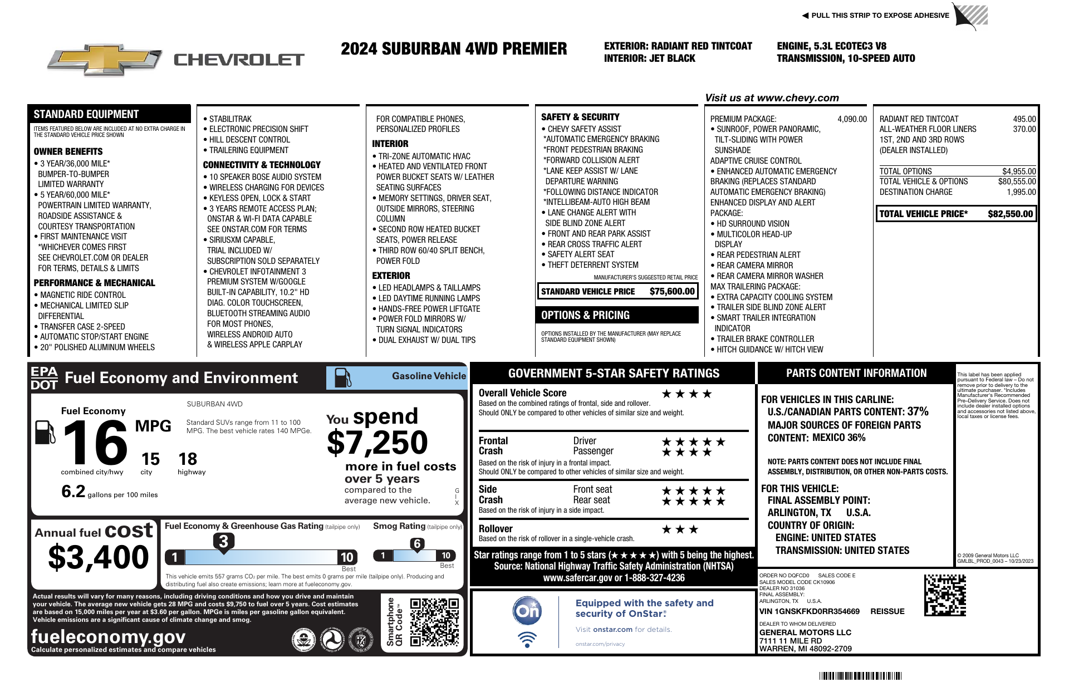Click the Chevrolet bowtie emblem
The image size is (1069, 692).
104,60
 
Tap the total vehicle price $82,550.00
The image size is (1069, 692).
1010,214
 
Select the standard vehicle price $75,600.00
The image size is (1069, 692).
672,291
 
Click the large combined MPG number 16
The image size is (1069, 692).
95,443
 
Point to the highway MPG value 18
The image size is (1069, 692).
188,459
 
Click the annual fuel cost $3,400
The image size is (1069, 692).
99,557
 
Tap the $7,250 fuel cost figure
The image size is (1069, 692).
377,443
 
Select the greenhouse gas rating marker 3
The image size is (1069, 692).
223,541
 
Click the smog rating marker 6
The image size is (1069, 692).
417,544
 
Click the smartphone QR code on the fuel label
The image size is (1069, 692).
434,622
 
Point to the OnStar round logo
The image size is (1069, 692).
527,611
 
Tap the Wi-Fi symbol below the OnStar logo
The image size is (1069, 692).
527,639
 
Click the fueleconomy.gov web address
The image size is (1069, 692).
108,636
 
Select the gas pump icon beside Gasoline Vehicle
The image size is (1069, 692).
342,377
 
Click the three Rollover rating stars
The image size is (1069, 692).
679,529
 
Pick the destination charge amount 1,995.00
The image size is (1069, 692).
1021,192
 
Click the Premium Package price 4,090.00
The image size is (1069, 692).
852,119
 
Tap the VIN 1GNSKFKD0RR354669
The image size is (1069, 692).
809,611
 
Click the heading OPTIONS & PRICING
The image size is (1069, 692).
585,315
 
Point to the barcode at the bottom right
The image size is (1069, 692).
860,676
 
